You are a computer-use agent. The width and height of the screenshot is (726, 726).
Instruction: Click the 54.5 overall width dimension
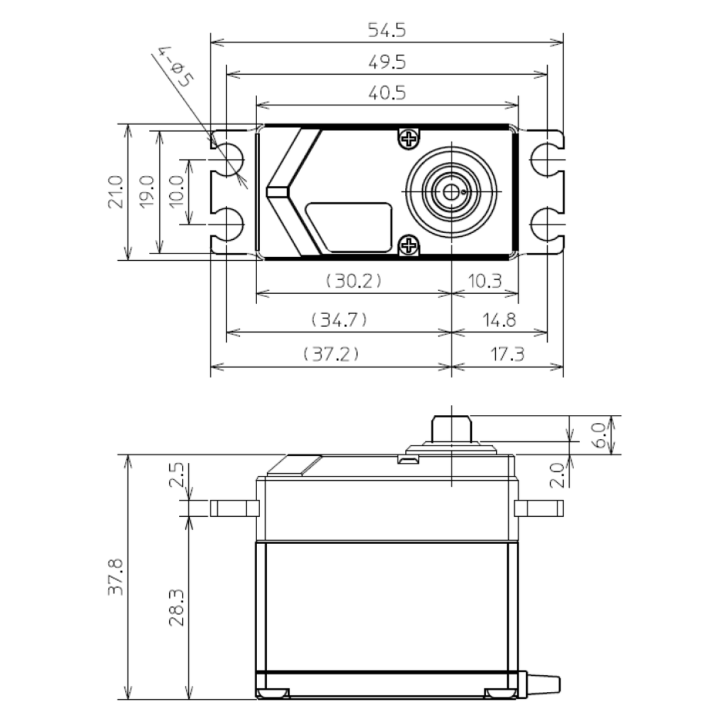click(386, 30)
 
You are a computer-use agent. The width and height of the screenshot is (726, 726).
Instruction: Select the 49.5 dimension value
click(386, 62)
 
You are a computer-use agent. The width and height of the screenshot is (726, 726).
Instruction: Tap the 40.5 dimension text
click(386, 93)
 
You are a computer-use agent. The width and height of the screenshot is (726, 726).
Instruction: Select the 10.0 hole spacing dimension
click(178, 191)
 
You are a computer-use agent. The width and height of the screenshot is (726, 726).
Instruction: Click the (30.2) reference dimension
click(353, 280)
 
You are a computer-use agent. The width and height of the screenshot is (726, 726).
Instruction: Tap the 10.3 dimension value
click(484, 280)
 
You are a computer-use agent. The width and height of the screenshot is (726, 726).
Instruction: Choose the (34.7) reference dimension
click(338, 319)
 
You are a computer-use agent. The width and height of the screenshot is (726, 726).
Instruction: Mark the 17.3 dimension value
click(507, 354)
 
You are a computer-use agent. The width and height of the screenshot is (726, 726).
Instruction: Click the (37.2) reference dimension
click(331, 354)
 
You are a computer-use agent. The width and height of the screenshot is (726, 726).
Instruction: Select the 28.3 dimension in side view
click(176, 608)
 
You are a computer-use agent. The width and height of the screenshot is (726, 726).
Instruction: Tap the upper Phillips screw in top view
click(409, 139)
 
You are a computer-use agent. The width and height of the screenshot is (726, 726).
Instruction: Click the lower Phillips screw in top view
click(409, 245)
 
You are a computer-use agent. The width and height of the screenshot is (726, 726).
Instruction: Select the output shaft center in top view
click(451, 192)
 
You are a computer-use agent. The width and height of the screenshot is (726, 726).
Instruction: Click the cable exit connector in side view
click(543, 684)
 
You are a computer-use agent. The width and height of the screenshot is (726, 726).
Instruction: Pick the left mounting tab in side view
click(234, 508)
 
